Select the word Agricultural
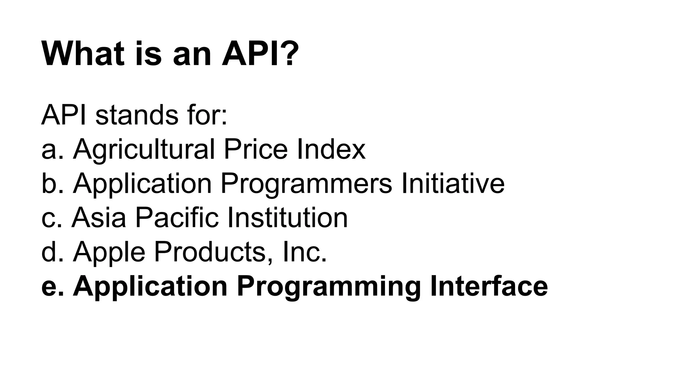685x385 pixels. click(144, 149)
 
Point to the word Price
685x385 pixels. click(255, 149)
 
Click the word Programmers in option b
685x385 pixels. click(306, 184)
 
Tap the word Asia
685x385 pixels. click(99, 218)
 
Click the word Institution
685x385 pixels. click(287, 218)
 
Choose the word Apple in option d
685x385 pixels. click(109, 252)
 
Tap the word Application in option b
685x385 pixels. click(142, 184)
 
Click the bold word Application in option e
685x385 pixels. click(150, 287)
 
